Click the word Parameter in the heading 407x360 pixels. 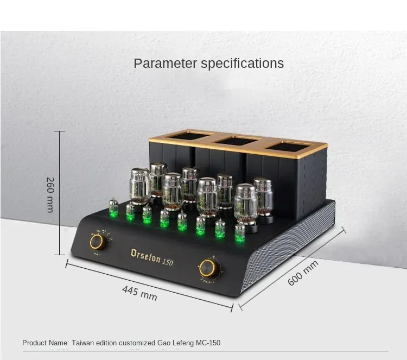pyautogui.click(x=166, y=63)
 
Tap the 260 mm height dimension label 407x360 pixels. pyautogui.click(x=50, y=195)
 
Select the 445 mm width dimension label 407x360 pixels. pyautogui.click(x=139, y=293)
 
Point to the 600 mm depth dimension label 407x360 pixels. pyautogui.click(x=303, y=273)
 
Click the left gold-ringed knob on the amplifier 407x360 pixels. pyautogui.click(x=98, y=242)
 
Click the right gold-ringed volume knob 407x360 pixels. pyautogui.click(x=207, y=268)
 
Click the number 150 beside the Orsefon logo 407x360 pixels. pyautogui.click(x=168, y=262)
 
